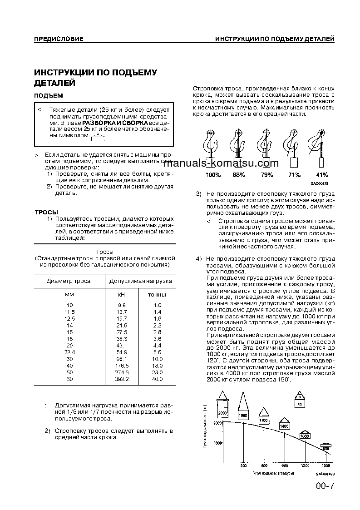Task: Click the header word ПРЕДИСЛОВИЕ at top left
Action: [x=59, y=39]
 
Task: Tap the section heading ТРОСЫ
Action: [x=46, y=212]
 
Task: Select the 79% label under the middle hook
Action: [x=266, y=175]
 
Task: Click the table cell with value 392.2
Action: [x=122, y=379]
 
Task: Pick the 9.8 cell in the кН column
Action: [x=122, y=305]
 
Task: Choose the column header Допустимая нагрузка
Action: [x=141, y=281]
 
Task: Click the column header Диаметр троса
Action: [x=69, y=281]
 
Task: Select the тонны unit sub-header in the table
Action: [x=157, y=295]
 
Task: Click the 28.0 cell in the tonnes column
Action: [x=157, y=372]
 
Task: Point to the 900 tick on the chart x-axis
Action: [x=284, y=466]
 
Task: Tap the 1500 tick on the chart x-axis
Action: [x=325, y=466]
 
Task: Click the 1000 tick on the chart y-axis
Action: [x=217, y=443]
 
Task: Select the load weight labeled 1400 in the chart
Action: [x=284, y=426]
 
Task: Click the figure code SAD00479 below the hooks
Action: [x=320, y=183]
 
